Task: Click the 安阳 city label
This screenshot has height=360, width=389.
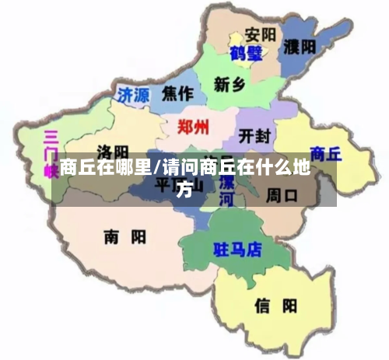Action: click(260, 35)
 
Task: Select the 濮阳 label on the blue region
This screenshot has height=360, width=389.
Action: click(299, 47)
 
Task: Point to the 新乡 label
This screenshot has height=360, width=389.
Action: click(230, 84)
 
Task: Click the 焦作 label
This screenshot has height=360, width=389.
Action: click(177, 93)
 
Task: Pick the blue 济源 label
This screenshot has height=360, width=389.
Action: click(132, 95)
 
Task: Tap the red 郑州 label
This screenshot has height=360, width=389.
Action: click(192, 128)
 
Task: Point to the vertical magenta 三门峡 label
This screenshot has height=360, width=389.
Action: click(51, 152)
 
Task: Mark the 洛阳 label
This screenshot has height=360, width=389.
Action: click(113, 151)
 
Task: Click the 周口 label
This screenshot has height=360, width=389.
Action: click(282, 194)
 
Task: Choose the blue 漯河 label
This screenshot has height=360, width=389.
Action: click(226, 191)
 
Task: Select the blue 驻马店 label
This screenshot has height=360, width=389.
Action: click(237, 250)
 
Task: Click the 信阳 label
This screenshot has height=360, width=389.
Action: click(275, 306)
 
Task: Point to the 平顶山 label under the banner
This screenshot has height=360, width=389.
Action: click(178, 185)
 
